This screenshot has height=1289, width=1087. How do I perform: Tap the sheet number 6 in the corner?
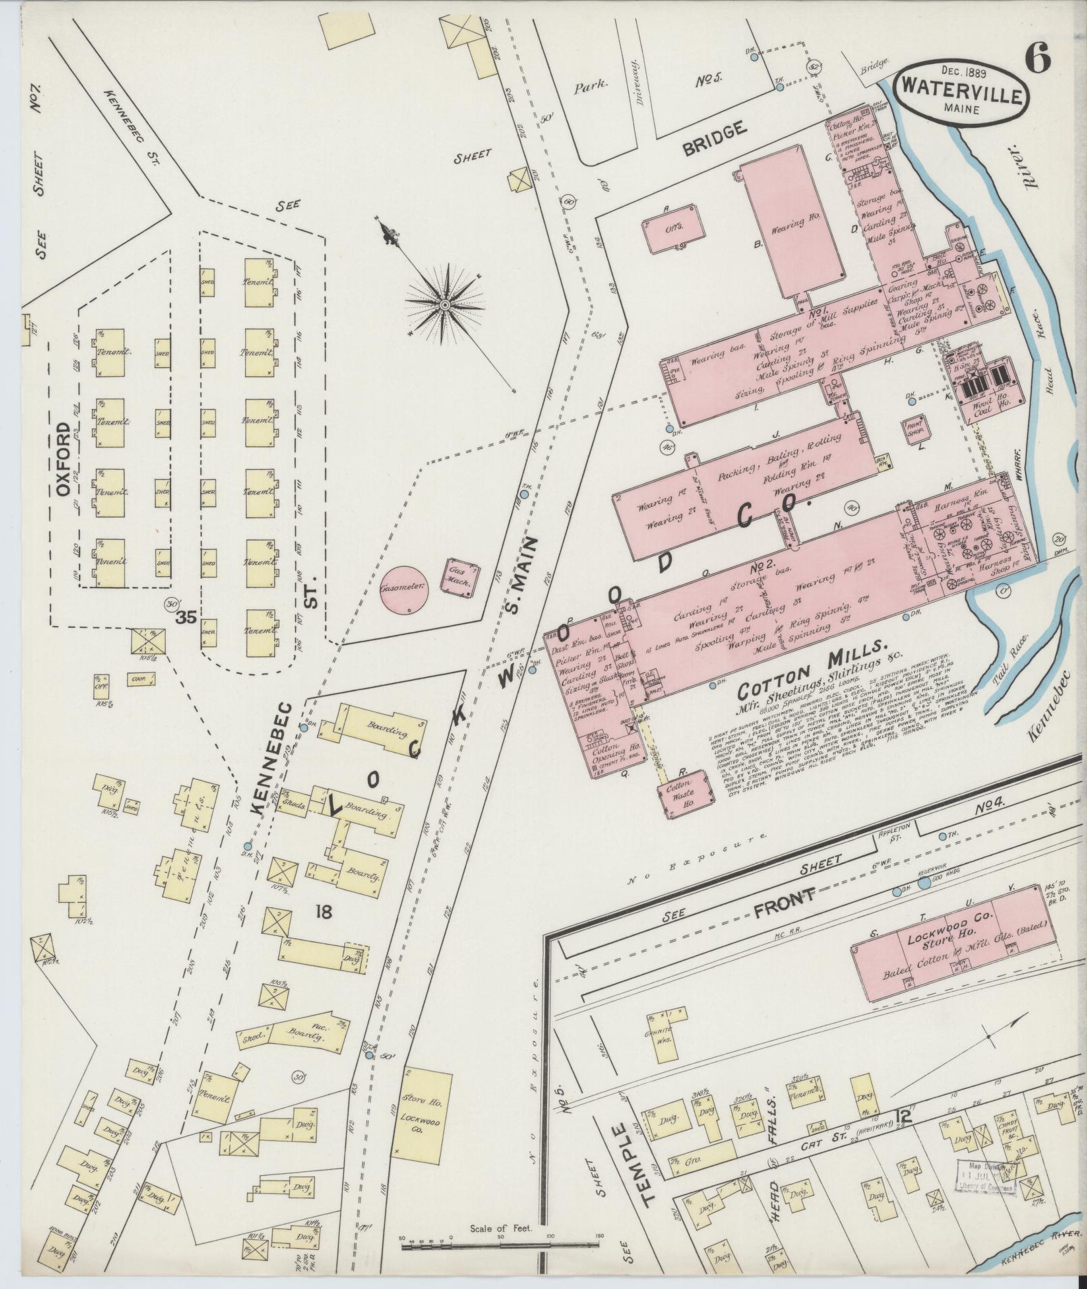coord(1037,61)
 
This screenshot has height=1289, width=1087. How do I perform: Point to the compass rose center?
coord(445,306)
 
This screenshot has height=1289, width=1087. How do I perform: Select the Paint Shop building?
coord(914,429)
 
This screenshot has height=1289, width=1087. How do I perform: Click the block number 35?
coord(186,618)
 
